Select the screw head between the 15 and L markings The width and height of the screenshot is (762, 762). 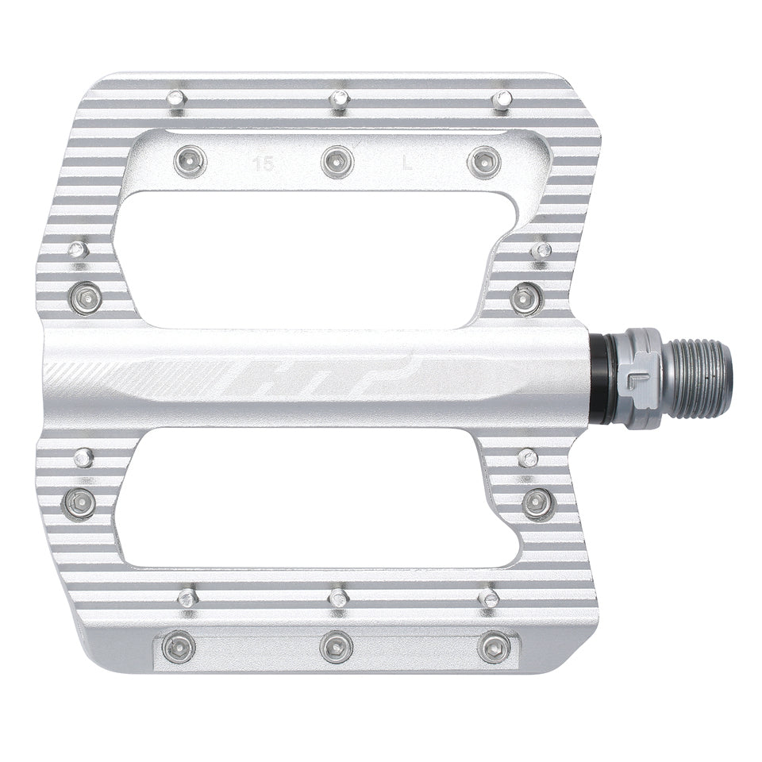coord(337,162)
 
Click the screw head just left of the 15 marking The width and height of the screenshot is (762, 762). coord(190,162)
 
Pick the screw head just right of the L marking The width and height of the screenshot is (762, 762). coord(484,163)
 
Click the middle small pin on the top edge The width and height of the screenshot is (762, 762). coord(340,99)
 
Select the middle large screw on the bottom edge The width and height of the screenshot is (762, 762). coord(336,647)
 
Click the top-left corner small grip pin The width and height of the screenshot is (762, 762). coord(176,98)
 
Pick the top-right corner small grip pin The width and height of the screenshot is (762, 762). coord(502,100)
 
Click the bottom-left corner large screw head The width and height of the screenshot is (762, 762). coord(179,648)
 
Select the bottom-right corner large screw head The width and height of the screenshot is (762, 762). coord(494,648)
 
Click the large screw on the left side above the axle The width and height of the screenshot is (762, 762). coord(85,298)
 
